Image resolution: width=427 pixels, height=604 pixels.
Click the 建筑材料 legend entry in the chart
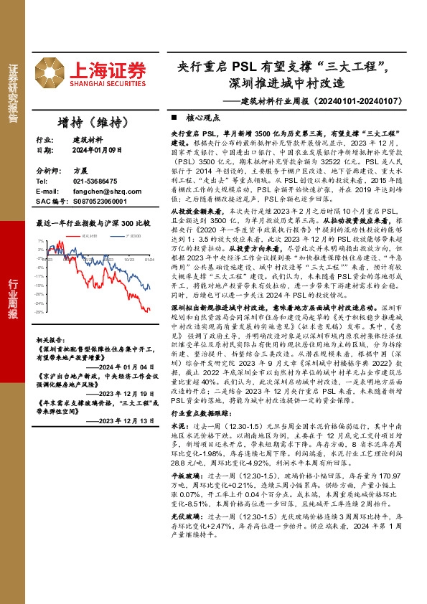[89, 235]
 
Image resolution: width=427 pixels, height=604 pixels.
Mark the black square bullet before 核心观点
[174, 116]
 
